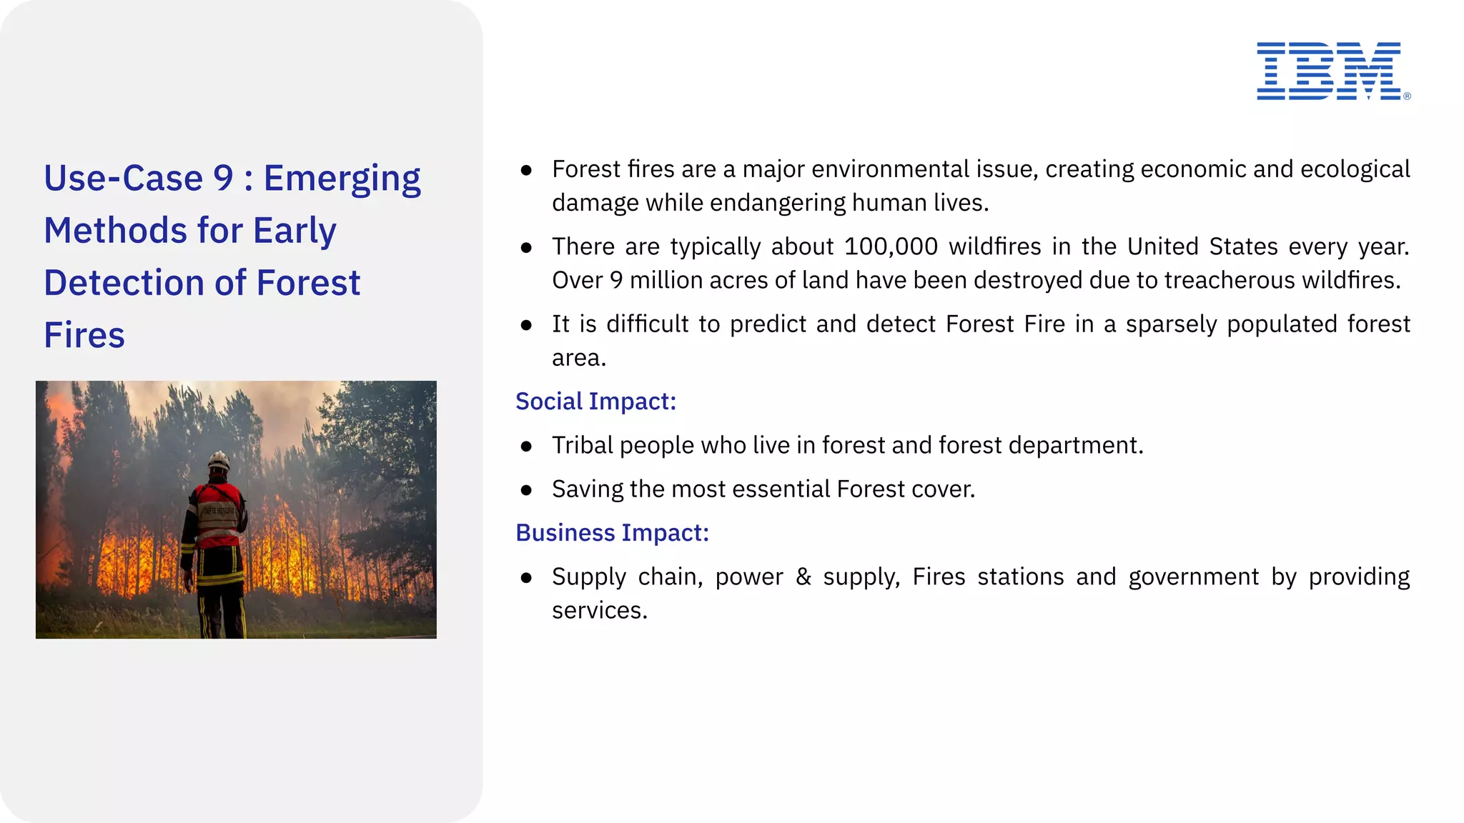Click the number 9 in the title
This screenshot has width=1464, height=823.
click(x=223, y=178)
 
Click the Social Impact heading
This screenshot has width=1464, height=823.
click(x=595, y=401)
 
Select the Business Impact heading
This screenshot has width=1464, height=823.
click(x=612, y=533)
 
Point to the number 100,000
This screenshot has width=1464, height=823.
click(x=890, y=246)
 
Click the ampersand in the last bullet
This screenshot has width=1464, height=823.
click(x=803, y=577)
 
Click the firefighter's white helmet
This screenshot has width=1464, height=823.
click(x=219, y=461)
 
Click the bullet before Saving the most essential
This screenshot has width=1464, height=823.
click(x=527, y=490)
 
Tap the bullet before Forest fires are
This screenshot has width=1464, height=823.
click(x=527, y=170)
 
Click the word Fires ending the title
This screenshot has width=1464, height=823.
click(x=84, y=335)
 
